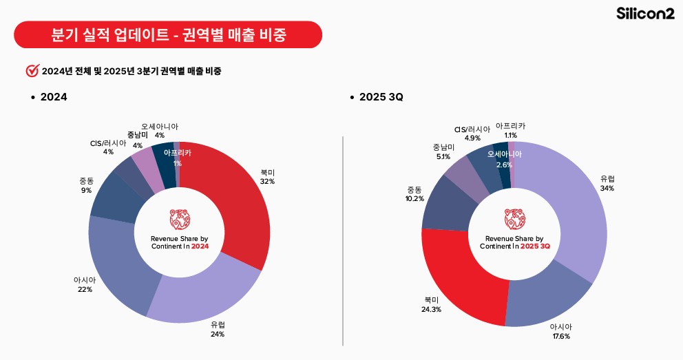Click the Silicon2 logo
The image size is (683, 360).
(645, 14)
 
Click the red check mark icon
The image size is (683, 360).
(32, 70)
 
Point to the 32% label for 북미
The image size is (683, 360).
(267, 181)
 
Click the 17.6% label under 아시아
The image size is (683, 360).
(559, 336)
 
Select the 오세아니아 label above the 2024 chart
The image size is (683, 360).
(160, 127)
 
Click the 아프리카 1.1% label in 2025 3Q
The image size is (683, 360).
(510, 130)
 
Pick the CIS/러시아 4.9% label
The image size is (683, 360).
(472, 133)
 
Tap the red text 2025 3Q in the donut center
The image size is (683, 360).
(535, 246)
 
